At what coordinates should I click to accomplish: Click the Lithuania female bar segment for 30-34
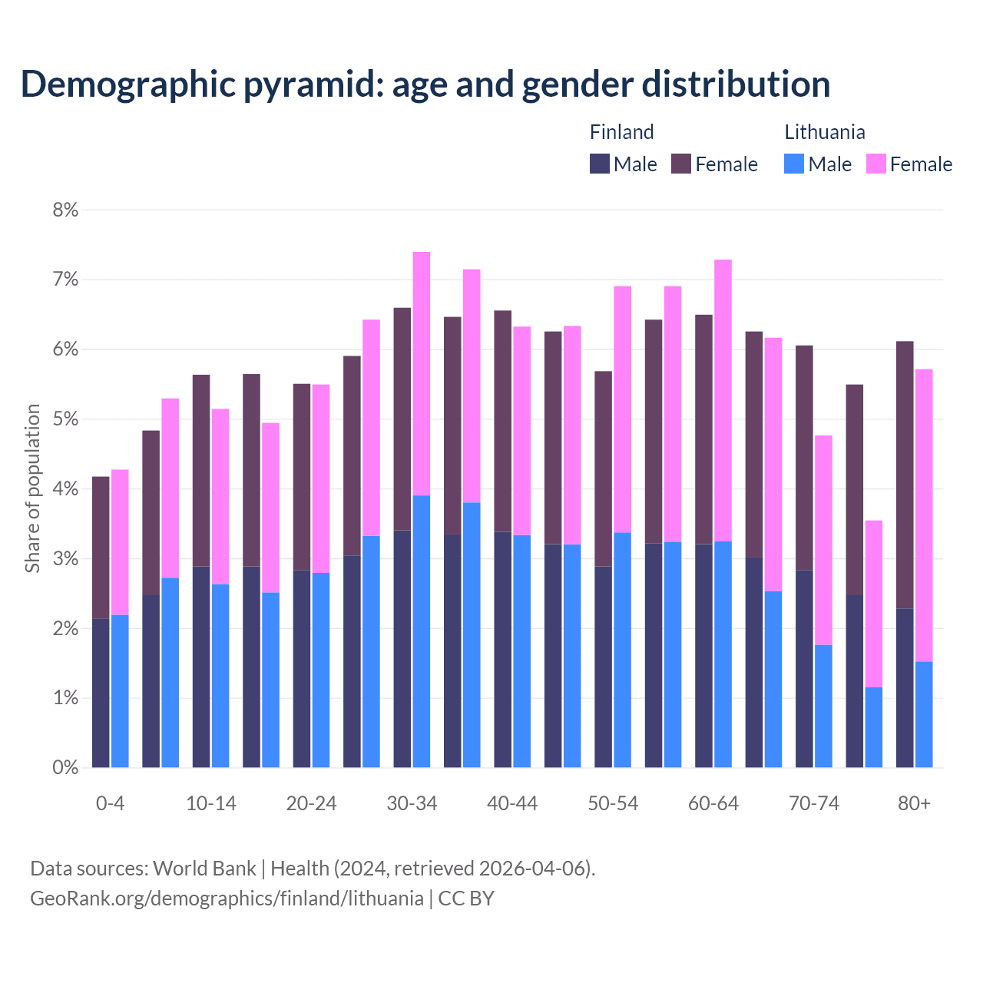pos(422,373)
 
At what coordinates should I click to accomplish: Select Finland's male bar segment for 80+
pos(905,687)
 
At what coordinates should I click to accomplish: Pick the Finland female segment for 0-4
pos(101,547)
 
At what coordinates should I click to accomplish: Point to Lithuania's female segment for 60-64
pos(723,400)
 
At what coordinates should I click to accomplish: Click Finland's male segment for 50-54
pos(603,667)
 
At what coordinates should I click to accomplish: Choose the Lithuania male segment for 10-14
pos(220,676)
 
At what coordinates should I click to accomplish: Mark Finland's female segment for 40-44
pos(502,421)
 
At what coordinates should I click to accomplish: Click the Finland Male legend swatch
pos(600,164)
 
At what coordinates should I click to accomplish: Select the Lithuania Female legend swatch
pos(875,164)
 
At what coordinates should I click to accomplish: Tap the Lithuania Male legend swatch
pos(794,164)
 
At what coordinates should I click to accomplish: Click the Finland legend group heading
pos(621,132)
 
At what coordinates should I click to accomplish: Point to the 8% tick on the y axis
pos(65,210)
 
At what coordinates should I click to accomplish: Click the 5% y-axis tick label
pos(65,419)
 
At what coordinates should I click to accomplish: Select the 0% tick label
pos(65,767)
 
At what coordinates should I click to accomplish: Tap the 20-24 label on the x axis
pos(311,803)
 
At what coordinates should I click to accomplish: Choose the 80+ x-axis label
pos(914,803)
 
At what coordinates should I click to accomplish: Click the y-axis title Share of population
pos(32,488)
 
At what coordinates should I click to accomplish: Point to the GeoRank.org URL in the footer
pos(227,898)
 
